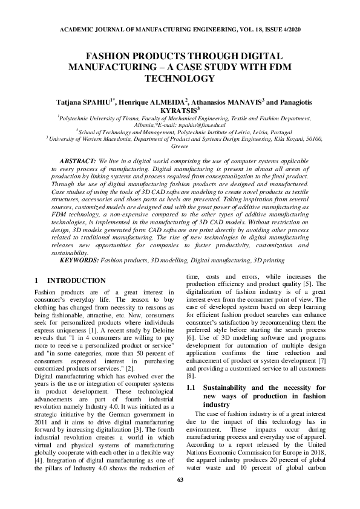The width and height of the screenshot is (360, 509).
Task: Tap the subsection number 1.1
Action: (191, 386)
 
